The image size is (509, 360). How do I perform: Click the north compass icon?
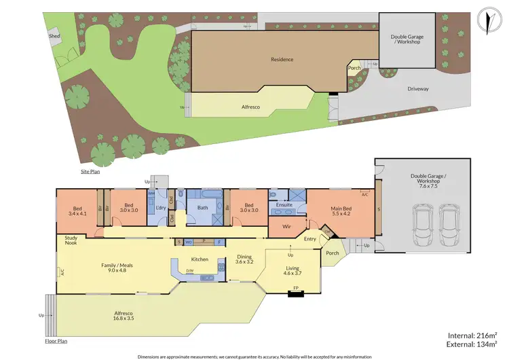point(485,19)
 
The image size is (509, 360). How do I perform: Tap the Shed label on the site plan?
point(54,35)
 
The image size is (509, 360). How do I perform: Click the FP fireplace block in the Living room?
point(295,293)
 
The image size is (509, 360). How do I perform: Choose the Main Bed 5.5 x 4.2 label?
point(341,211)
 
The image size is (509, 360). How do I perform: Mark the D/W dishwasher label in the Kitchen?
point(191,271)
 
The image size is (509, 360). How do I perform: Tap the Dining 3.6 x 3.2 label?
point(244,259)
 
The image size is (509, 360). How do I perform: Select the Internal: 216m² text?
point(472,335)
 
